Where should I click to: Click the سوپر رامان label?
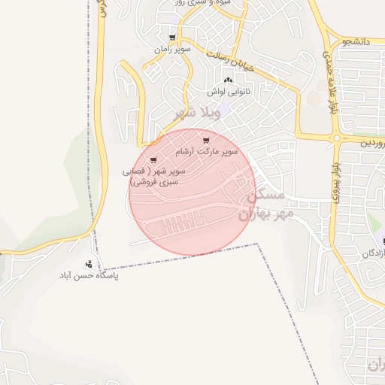tap(173, 49)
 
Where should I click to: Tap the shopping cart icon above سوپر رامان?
tap(173, 38)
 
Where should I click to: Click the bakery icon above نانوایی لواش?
tap(228, 79)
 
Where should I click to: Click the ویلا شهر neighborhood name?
tap(196, 113)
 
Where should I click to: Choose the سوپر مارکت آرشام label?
tap(206, 151)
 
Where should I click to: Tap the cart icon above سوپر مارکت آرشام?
tap(206, 140)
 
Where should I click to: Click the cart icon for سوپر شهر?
tap(153, 159)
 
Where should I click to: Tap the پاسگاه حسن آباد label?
tap(89, 276)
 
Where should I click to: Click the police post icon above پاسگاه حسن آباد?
tap(89, 264)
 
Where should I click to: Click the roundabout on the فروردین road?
tap(336, 138)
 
